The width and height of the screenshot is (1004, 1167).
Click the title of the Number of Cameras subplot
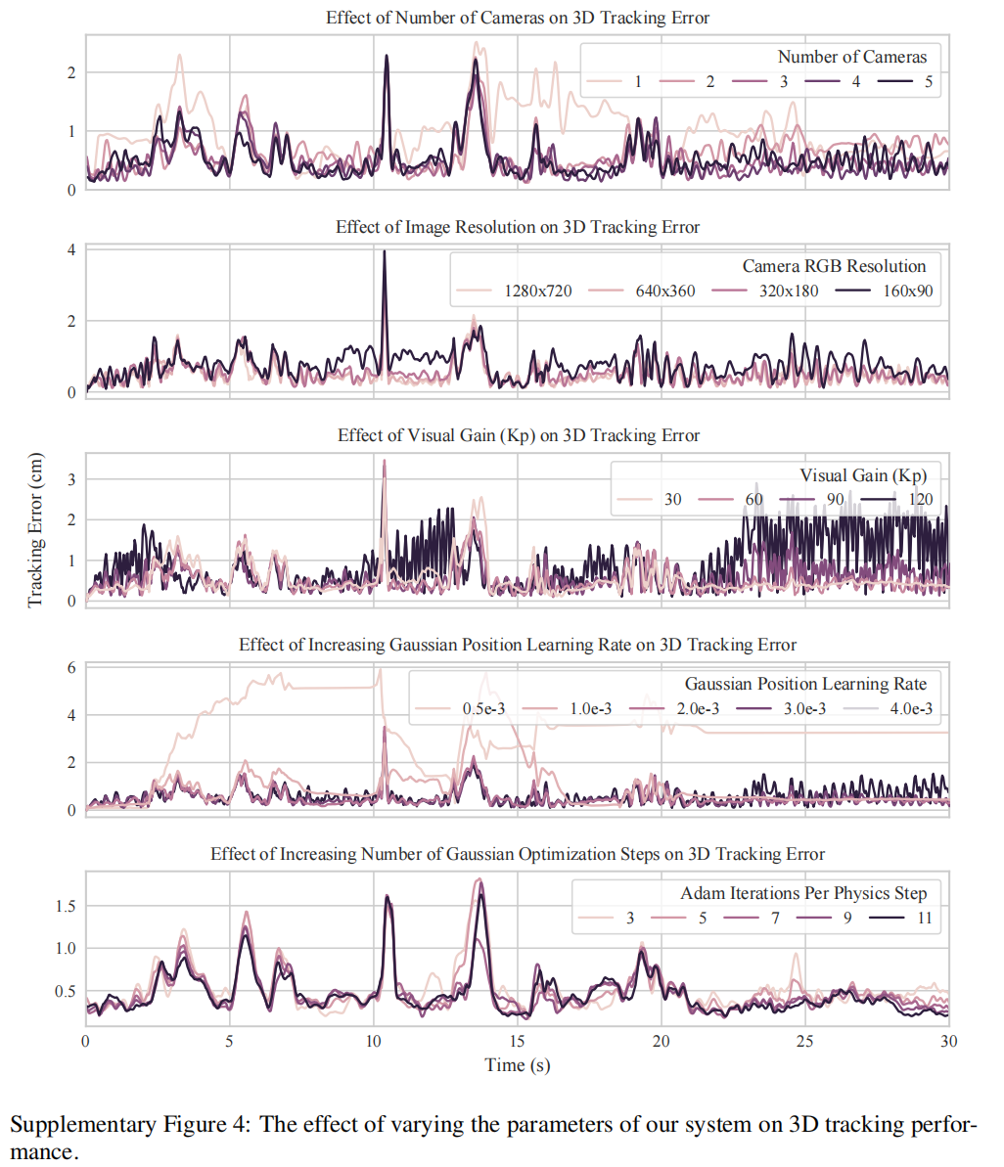click(518, 18)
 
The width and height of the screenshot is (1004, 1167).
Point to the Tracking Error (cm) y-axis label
click(35, 529)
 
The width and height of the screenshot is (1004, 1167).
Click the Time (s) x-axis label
click(518, 1065)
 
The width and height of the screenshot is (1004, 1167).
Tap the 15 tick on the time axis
click(518, 1043)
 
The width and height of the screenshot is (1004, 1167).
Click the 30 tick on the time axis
click(948, 1043)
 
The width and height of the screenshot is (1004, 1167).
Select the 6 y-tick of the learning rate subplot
click(71, 668)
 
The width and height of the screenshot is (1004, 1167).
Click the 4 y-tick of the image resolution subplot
click(71, 249)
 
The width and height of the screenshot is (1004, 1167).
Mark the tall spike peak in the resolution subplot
click(385, 251)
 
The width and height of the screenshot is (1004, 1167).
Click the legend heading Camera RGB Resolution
click(834, 266)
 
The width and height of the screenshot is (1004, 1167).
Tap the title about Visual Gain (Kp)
click(519, 435)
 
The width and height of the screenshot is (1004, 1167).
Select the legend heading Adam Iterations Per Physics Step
click(803, 893)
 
